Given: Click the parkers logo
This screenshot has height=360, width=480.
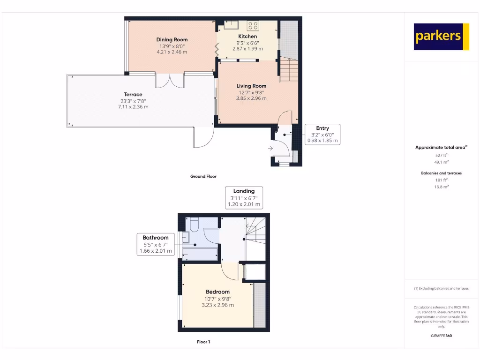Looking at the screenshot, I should [x=441, y=37].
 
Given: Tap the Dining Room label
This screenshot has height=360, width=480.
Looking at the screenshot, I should [x=172, y=40].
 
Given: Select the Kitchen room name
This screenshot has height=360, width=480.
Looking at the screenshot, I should [x=247, y=36].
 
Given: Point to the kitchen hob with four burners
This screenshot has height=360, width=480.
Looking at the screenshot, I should [x=253, y=25].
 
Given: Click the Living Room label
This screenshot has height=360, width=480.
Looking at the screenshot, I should [x=251, y=86].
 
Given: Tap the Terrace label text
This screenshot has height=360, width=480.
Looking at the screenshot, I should [x=133, y=94].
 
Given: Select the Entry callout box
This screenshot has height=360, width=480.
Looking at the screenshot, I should [x=322, y=134].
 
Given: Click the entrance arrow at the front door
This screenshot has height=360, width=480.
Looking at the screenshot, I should [x=271, y=148].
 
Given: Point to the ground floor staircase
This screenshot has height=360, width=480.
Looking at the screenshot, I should [x=289, y=70].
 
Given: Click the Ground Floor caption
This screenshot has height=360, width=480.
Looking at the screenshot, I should [x=203, y=177].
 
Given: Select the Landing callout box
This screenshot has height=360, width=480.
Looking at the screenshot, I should [x=244, y=197].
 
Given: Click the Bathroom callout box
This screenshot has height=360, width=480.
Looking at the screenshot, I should [x=156, y=244].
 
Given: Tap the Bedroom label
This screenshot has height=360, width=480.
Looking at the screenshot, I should [x=218, y=292].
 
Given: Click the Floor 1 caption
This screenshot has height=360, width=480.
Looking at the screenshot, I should [x=203, y=342].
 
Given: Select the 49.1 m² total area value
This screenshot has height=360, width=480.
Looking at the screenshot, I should [x=441, y=162].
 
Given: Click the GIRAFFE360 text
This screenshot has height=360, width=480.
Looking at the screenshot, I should [x=441, y=336].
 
